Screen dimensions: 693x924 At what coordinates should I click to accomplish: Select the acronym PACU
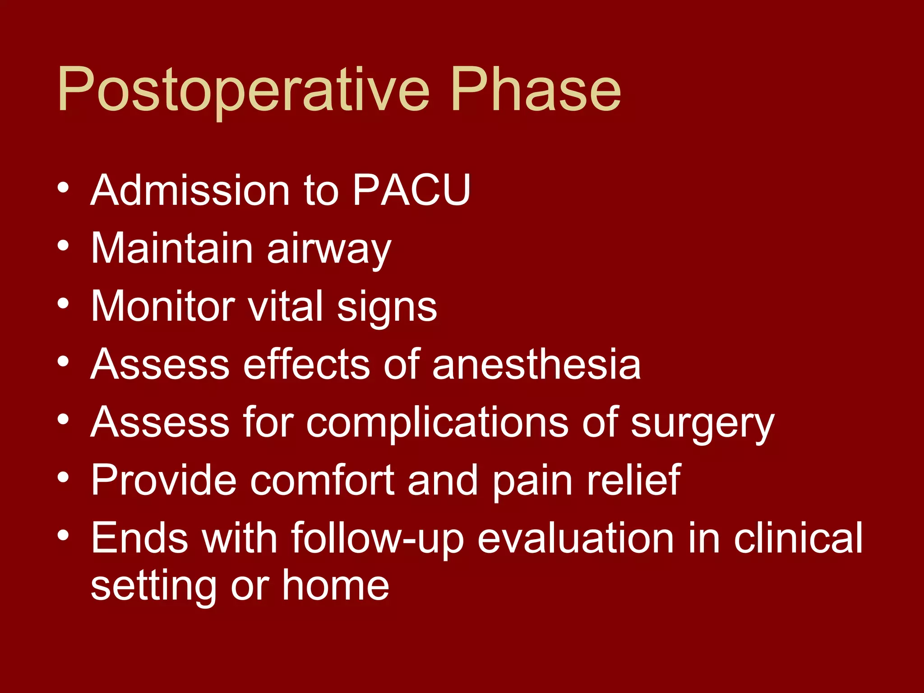click(x=411, y=190)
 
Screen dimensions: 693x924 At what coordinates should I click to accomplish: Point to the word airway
click(x=329, y=249)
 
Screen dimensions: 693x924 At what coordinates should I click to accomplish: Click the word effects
click(x=306, y=365)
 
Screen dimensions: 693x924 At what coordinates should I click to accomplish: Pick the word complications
click(x=437, y=423)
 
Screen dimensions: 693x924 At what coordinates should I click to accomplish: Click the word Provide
click(x=163, y=480)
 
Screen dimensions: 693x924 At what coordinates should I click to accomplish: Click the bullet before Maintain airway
click(x=63, y=246)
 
